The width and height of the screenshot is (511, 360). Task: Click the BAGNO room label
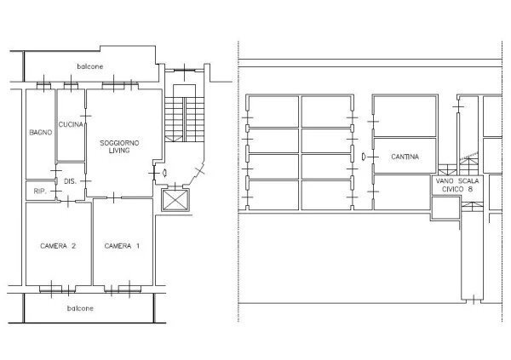pos(41,133)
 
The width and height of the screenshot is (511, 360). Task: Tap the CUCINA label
pos(71,124)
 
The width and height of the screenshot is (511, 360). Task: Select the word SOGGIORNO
pos(119,143)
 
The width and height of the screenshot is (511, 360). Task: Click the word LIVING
pos(119,151)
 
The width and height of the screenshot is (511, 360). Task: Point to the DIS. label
pos(70,181)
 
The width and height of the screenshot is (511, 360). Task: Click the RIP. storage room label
pos(40,191)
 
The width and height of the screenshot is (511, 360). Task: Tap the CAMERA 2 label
pos(58,246)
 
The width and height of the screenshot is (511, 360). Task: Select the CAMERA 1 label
pos(122,246)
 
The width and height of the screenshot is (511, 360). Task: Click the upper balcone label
pos(90,66)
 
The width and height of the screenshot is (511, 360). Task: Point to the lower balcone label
pos(80,308)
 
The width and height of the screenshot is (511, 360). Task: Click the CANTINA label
pos(405,157)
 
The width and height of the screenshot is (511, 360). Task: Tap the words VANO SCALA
pos(457,180)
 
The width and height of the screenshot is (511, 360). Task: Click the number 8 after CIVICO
pos(470,189)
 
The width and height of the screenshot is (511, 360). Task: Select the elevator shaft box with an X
pos(175,200)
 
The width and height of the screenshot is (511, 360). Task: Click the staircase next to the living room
pos(185,119)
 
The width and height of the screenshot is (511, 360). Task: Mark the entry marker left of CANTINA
pos(364,157)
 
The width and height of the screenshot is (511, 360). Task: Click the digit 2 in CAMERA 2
pos(73,246)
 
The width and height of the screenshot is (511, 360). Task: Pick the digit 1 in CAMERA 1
pos(138,246)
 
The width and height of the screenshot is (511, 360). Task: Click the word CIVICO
pos(452,189)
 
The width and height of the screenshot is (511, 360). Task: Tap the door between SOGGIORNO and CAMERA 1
pos(113,197)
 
